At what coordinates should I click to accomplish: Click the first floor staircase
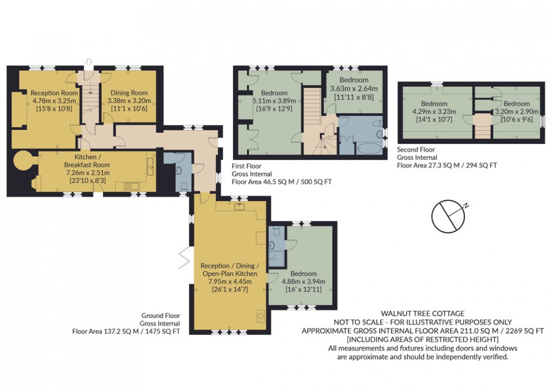coord(311,107)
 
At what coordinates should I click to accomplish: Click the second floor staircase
coord(481,126)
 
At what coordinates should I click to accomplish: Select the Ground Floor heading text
coord(161,316)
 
